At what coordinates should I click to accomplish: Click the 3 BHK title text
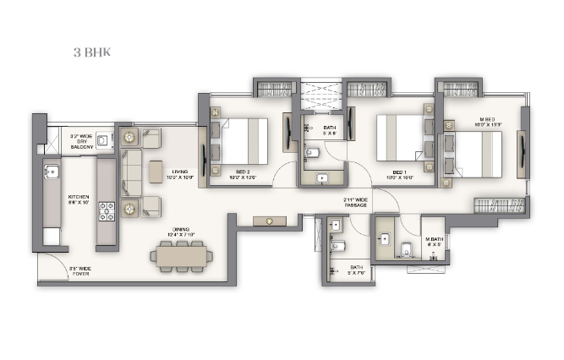tap(90, 52)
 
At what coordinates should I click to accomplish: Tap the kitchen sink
tap(49, 172)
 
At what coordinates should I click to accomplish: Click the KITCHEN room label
tap(78, 201)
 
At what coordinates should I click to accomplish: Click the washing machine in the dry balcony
tap(103, 140)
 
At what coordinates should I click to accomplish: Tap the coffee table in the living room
tap(156, 172)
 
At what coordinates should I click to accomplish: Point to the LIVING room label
tap(179, 173)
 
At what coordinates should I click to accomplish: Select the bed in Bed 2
tap(245, 141)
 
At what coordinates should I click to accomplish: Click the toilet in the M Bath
tap(407, 249)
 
